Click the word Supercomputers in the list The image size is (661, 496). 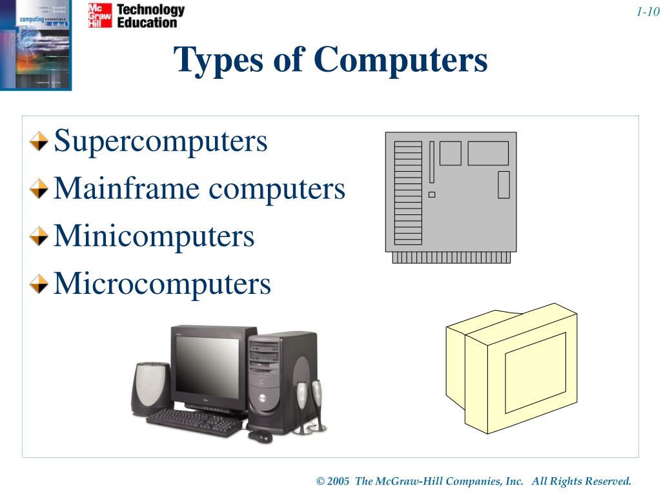160,141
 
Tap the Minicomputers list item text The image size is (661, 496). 154,236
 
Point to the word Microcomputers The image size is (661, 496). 162,283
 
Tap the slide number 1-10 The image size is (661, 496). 646,12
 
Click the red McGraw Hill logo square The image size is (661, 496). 100,15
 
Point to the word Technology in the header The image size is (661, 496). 150,10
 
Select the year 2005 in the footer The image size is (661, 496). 338,481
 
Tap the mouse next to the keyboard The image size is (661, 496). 260,436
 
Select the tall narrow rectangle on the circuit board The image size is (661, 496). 432,161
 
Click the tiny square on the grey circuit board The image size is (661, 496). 432,194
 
